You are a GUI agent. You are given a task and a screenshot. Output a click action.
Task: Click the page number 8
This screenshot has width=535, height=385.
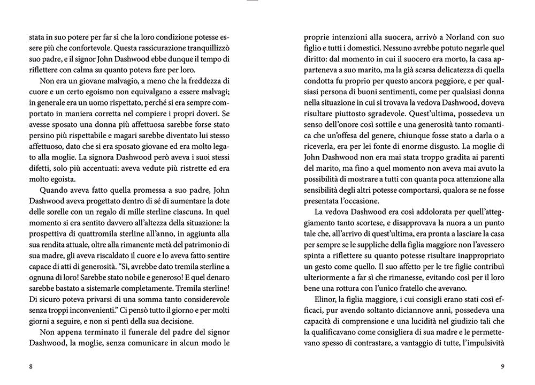point(32,367)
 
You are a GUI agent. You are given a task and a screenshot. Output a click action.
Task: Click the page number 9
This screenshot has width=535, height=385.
point(502,367)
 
